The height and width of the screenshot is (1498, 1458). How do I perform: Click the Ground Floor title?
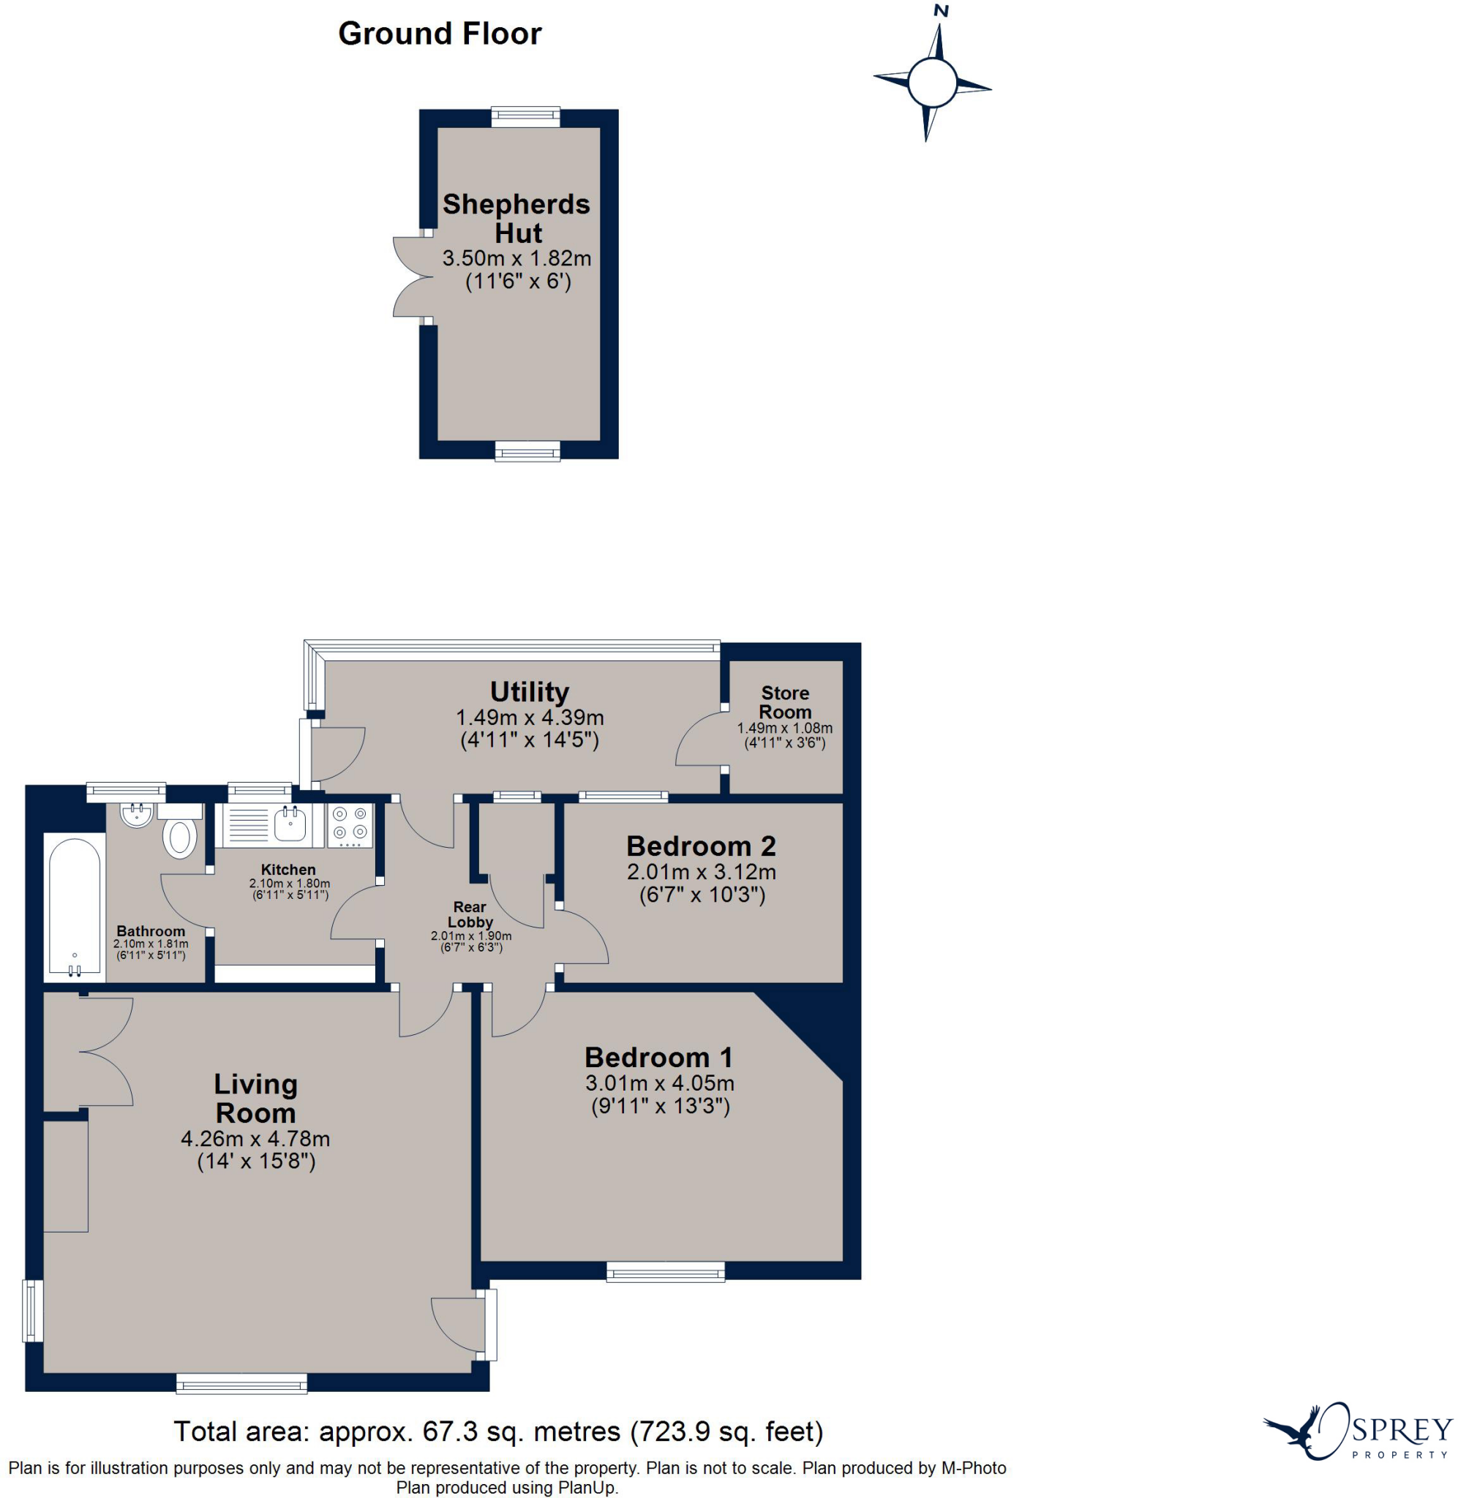(440, 34)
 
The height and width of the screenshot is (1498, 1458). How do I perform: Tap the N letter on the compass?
(941, 11)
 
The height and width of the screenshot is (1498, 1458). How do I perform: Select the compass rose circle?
(932, 83)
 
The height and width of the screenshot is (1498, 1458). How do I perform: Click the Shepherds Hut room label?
(518, 218)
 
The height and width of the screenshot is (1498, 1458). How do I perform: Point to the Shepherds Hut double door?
(412, 276)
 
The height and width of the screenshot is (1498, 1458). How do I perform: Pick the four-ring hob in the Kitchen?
(350, 825)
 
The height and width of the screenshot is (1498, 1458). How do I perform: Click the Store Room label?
(785, 702)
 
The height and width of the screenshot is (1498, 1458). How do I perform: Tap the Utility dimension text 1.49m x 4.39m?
(530, 718)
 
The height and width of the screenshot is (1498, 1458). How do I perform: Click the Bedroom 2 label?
(702, 846)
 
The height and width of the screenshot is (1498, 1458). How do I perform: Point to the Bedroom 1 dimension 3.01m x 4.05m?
(660, 1083)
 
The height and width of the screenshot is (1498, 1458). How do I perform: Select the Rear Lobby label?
(470, 914)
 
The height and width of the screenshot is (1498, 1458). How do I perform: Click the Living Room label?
(256, 1098)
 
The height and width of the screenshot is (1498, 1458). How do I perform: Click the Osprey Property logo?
(1357, 1431)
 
